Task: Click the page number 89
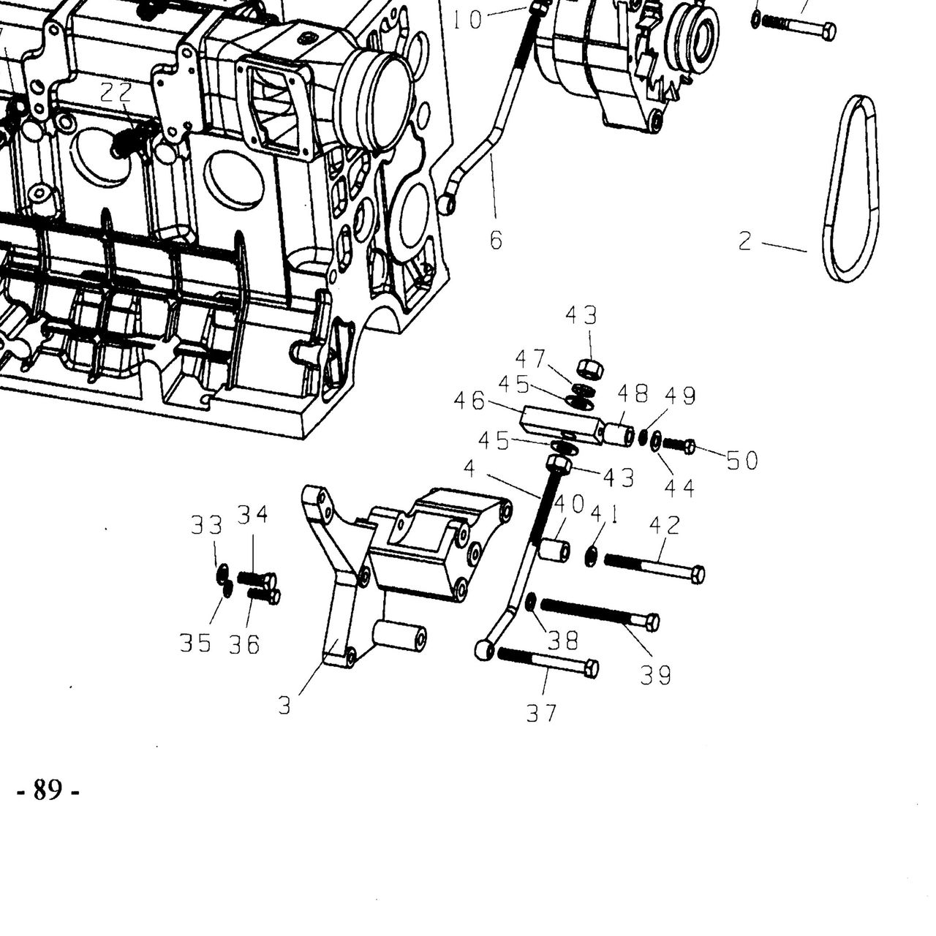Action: [x=48, y=790]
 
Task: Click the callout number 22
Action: [x=116, y=92]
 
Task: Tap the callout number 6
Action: [x=496, y=240]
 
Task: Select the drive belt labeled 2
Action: [x=850, y=188]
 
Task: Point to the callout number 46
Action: [x=469, y=401]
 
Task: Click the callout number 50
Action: [x=742, y=461]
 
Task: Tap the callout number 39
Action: [x=656, y=675]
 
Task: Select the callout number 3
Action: [x=284, y=705]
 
